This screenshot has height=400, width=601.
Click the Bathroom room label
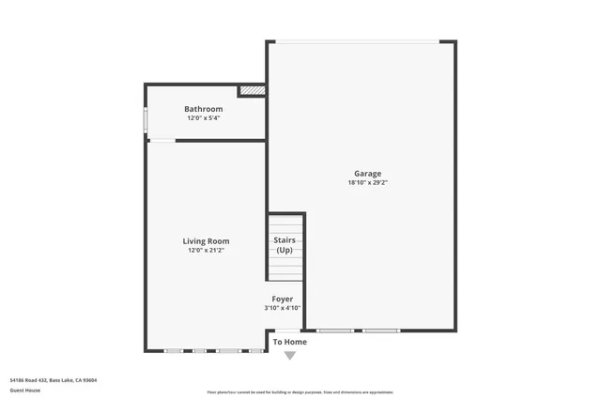coord(203,109)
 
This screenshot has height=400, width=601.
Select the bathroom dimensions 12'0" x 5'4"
coord(203,118)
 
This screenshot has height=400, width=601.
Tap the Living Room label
coord(206,241)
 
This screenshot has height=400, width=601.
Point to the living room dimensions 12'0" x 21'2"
coord(206,251)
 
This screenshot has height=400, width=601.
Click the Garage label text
coord(367,174)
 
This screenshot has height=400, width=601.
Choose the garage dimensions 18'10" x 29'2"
coord(367,183)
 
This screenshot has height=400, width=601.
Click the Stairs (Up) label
coord(284,245)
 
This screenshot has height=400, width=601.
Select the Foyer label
coord(283,299)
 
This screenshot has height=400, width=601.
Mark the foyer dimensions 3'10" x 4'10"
coord(283,308)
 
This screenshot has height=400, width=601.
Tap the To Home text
coord(289,342)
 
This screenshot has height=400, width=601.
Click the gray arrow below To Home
coord(289,355)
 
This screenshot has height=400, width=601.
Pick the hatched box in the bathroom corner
coord(252,91)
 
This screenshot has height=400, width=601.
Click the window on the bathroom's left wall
coord(146,122)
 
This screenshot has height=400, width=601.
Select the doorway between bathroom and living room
coord(162,141)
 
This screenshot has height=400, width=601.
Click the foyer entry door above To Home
coord(287,330)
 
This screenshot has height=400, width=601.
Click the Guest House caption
coord(24,389)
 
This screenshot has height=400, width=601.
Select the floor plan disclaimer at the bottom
coord(300,392)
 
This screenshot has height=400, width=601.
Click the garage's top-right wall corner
coord(455,42)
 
